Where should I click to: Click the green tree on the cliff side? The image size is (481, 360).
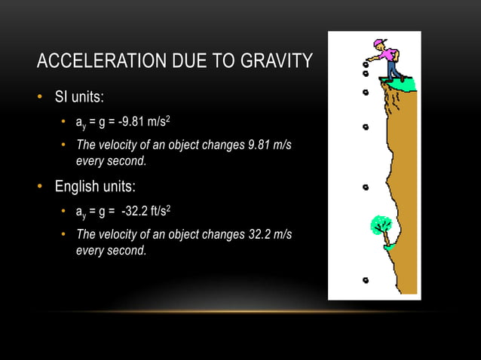click(381, 224)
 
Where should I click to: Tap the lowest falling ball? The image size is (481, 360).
click(366, 279)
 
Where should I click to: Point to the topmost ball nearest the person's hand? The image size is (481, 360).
click(366, 65)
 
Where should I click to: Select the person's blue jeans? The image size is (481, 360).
click(392, 69)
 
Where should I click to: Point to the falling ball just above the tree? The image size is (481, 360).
click(366, 187)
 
